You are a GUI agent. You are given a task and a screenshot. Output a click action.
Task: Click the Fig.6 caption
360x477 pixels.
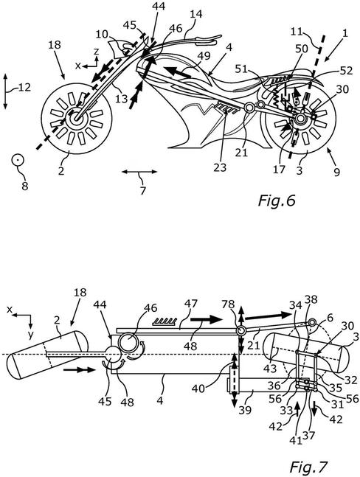(x=277, y=201)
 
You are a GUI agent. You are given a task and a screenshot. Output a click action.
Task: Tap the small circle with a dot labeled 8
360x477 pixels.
(x=18, y=160)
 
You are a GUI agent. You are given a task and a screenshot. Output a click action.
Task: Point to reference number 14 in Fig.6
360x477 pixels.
(x=196, y=14)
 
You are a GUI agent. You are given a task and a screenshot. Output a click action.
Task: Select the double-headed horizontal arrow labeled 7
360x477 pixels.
(x=139, y=172)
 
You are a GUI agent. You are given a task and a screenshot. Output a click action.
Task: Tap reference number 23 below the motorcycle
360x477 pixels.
(x=220, y=167)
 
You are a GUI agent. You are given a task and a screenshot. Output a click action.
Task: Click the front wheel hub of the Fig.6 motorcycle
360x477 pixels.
(x=75, y=119)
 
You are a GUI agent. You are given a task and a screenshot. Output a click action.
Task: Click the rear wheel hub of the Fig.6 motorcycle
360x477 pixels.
(x=300, y=119)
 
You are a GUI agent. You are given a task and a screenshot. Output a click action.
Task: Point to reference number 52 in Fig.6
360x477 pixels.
(x=347, y=71)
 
